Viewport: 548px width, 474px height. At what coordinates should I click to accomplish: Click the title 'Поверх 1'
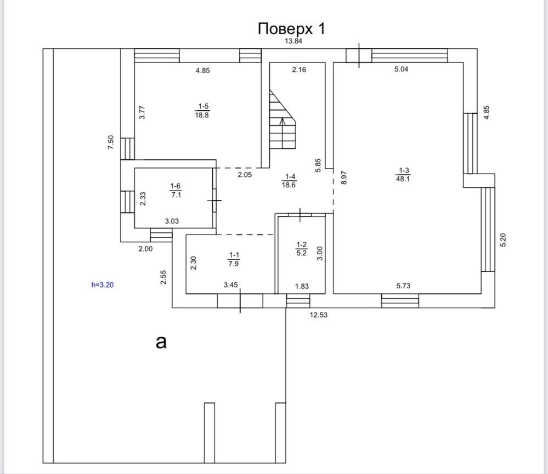point(291,29)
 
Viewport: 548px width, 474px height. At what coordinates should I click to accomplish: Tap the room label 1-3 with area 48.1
point(403,175)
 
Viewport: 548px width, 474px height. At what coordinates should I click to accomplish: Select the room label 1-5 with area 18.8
point(202,110)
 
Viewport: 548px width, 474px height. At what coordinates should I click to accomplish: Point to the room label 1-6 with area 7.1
point(176,190)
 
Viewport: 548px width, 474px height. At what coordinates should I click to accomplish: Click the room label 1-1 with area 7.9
point(234,259)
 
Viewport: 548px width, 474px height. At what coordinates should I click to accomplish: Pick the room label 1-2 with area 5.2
point(301,249)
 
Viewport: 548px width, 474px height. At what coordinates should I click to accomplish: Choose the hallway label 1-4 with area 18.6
point(289,181)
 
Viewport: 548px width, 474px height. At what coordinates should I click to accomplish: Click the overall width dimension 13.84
point(293,41)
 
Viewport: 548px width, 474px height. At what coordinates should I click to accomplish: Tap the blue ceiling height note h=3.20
point(103,285)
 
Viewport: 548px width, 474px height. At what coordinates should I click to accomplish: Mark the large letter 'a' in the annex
point(161,342)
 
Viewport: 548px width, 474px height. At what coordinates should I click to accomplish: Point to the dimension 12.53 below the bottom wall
point(319,315)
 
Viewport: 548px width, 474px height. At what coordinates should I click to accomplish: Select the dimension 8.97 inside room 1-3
point(344,177)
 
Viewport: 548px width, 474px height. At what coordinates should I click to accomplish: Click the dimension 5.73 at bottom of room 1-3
point(403,286)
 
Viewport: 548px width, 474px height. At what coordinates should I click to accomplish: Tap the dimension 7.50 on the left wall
point(111,142)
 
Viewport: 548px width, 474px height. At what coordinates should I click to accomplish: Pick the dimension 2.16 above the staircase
point(299,70)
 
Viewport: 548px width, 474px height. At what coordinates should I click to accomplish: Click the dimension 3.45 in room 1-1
point(230,285)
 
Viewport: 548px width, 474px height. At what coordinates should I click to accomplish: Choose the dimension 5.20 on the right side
point(503,240)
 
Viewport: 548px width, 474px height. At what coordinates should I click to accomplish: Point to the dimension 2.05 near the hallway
point(245,175)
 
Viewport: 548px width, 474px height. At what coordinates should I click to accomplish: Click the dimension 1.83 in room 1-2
point(302,286)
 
